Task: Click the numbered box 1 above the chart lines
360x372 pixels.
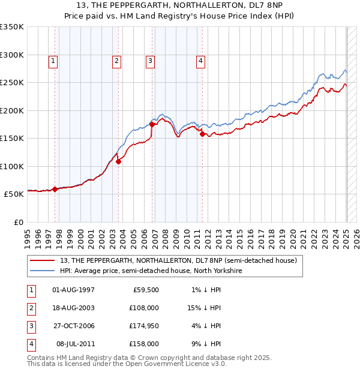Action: point(53,60)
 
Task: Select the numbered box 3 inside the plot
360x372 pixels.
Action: point(149,60)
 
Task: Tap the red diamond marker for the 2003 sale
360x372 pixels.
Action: point(119,161)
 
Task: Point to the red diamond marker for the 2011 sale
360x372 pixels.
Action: point(202,134)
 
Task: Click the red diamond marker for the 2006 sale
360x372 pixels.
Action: point(152,124)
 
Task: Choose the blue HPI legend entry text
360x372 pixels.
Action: point(151,271)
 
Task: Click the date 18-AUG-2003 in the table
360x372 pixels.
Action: point(74,308)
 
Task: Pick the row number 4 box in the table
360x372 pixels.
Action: point(31,344)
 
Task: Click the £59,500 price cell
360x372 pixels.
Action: point(145,290)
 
